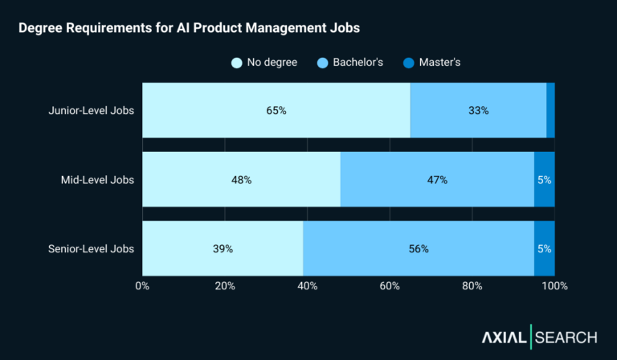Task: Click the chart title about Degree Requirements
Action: (x=189, y=28)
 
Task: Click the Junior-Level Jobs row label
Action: (x=91, y=110)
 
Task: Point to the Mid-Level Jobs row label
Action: (x=97, y=179)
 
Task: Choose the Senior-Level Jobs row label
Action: (x=92, y=248)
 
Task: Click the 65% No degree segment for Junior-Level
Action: (x=276, y=110)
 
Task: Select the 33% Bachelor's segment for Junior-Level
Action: (x=478, y=110)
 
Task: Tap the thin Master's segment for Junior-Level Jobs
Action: (x=550, y=110)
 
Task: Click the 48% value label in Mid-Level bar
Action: (x=241, y=180)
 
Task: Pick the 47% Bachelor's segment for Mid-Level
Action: (x=437, y=179)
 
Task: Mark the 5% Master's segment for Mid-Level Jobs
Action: (x=544, y=179)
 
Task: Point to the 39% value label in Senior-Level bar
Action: (x=223, y=249)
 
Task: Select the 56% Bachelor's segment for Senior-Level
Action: (x=419, y=248)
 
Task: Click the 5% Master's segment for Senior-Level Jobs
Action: (x=544, y=248)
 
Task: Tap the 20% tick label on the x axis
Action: (x=225, y=286)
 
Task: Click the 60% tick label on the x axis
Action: (x=390, y=286)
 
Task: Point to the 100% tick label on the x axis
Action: (x=554, y=286)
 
